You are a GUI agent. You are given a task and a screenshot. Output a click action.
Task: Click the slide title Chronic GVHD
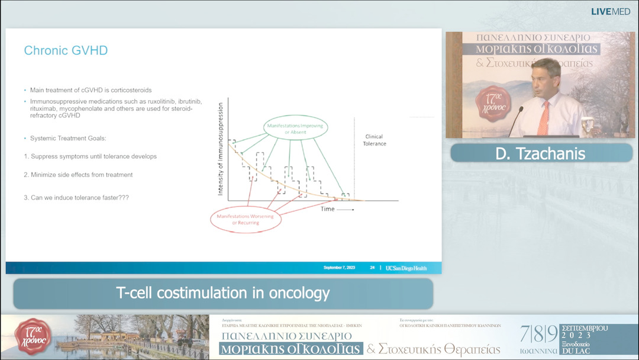(66, 50)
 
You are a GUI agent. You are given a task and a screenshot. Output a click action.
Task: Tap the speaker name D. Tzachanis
(540, 154)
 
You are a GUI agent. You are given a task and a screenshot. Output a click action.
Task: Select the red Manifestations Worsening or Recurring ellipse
(246, 219)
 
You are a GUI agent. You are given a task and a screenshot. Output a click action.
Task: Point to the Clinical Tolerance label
(374, 140)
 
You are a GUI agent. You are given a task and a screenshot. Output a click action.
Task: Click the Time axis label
(328, 209)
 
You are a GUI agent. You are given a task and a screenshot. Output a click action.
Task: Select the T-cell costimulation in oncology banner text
(223, 293)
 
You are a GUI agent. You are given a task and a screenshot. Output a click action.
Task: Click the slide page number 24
(372, 268)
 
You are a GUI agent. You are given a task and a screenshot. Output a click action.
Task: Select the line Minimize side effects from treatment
(78, 175)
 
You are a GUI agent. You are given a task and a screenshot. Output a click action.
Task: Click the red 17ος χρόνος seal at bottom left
(33, 336)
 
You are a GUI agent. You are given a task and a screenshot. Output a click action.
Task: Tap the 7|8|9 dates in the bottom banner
(538, 335)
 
